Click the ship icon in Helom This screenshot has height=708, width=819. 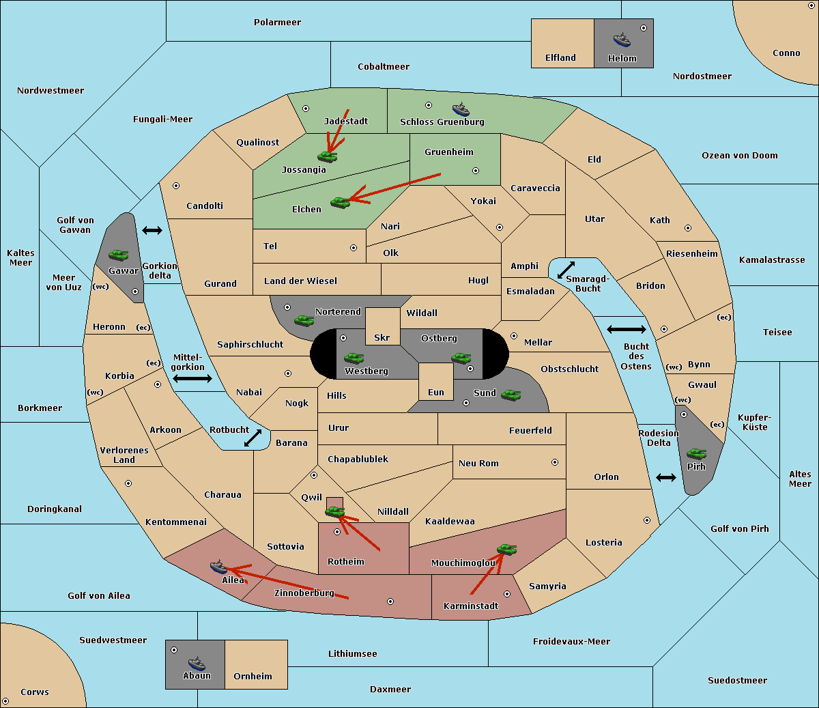622,40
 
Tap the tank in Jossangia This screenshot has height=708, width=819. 328,156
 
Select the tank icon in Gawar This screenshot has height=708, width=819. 119,255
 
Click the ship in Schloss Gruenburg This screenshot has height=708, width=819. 461,109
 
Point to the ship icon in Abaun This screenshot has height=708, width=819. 197,663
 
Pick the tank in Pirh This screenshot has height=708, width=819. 696,453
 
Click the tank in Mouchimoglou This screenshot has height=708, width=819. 507,549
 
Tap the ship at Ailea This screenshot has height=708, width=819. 218,567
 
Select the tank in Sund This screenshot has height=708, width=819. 511,395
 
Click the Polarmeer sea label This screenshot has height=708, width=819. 277,23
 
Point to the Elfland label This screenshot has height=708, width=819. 560,58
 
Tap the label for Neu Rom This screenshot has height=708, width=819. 478,463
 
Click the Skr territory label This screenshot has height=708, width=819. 382,337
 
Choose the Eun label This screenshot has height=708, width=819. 436,392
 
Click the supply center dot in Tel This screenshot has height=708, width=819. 354,248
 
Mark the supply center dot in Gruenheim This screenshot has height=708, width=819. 476,171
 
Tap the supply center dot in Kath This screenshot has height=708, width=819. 688,228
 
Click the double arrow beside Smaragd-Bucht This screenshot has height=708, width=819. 566,270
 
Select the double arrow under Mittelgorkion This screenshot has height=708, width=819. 192,378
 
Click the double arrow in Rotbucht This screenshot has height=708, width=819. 253,438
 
